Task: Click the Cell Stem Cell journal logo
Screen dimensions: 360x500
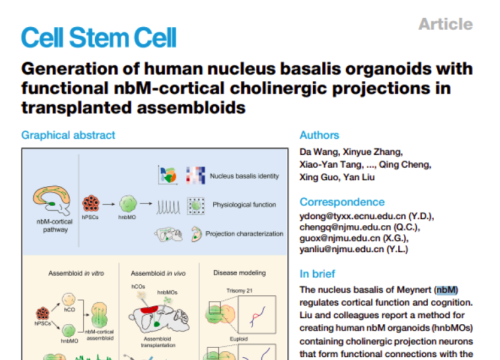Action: pos(99,38)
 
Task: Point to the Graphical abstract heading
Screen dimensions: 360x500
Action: pos(71,135)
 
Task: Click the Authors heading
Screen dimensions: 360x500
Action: pos(321,135)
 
